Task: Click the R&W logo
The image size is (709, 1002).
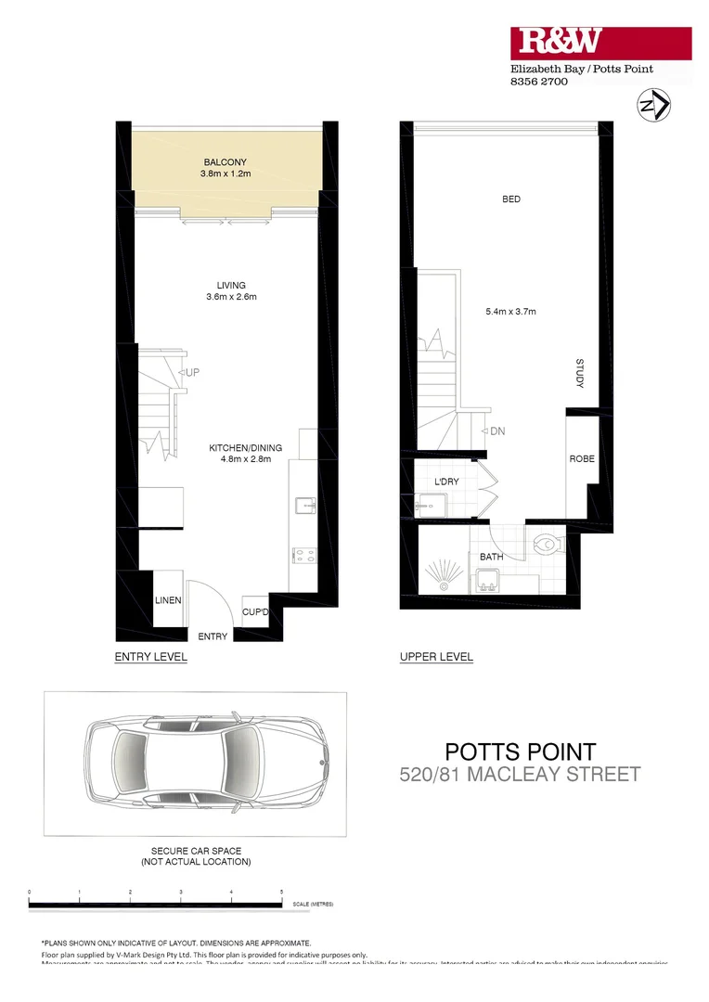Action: [560, 41]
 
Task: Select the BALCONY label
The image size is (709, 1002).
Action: [226, 161]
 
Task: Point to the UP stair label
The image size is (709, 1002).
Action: [193, 372]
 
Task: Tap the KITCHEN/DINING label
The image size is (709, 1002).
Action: [245, 447]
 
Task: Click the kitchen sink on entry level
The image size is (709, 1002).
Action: [304, 506]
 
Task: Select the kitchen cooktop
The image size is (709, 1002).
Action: [304, 556]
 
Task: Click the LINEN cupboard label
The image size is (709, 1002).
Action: [168, 600]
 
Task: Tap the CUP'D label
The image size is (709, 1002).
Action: [255, 612]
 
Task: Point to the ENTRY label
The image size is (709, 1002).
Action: [213, 636]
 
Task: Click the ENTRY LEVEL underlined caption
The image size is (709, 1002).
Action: [150, 657]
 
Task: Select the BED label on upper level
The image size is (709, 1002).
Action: [510, 199]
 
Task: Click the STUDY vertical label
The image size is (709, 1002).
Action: [579, 373]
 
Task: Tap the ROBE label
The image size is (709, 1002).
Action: [582, 459]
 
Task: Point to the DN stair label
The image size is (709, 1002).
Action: [496, 431]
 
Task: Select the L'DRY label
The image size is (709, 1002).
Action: [447, 483]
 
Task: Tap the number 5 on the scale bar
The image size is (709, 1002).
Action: [281, 892]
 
